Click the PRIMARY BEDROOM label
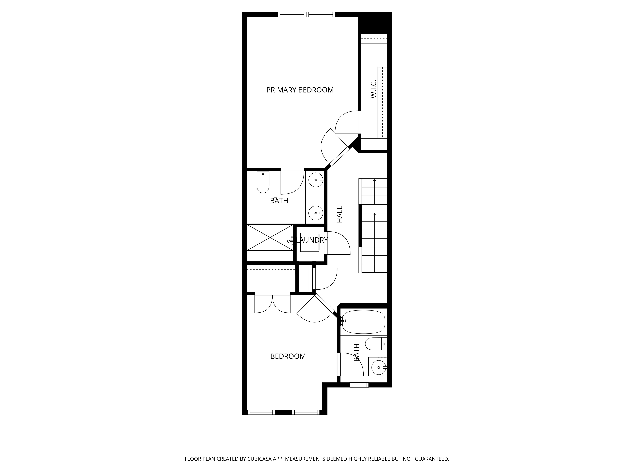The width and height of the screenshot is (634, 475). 300,90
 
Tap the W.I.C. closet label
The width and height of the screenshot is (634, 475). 373,89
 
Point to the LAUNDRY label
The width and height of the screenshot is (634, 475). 312,240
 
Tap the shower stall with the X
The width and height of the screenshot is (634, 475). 270,237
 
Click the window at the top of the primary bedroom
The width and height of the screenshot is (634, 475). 306,14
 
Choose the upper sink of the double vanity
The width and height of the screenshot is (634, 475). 316,180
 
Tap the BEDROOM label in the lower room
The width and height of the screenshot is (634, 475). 288,356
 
